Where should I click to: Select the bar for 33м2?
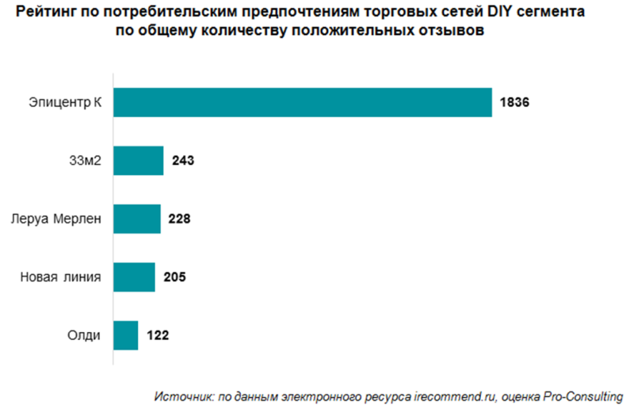pos(139,160)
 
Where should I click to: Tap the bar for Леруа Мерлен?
pos(137,219)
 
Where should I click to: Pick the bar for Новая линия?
pos(134,277)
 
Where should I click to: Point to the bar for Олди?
pos(126,335)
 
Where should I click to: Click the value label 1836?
pos(514,102)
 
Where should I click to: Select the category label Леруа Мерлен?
pos(56,219)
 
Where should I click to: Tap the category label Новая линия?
pos(60,277)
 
